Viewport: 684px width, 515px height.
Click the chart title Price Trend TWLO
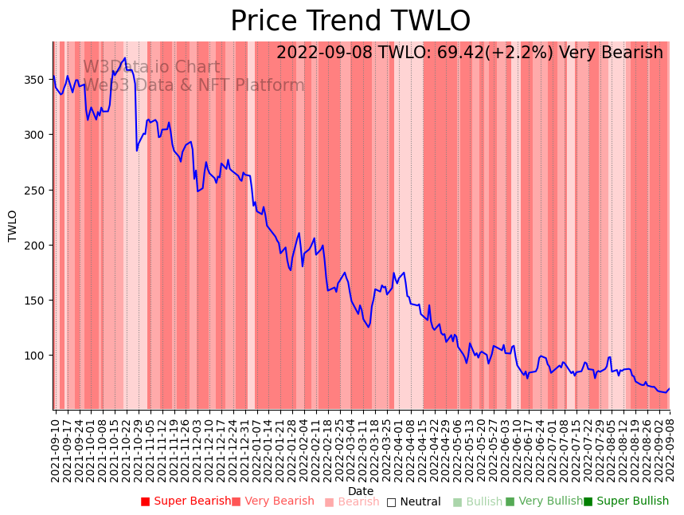350,22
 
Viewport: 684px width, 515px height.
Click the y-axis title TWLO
13,226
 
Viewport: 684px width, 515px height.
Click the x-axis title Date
361,491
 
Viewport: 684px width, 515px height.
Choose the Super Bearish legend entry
186,501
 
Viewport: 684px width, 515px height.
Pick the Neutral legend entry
413,501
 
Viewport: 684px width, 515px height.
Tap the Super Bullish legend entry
626,501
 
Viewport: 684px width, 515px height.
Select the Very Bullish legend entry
544,501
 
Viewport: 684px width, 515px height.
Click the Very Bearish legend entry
273,501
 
